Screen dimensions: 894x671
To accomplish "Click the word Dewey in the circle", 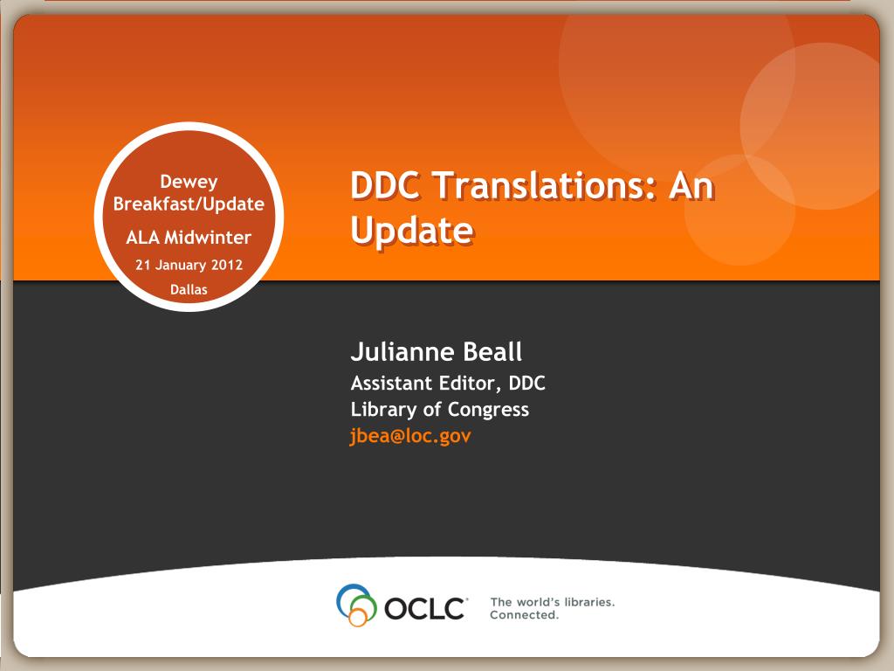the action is [189, 182].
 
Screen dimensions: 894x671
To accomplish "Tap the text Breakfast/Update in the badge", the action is [189, 204].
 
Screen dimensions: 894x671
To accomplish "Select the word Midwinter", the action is [208, 237].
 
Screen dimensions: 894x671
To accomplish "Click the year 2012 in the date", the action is [227, 265].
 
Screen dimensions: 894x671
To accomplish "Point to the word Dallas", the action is [189, 289].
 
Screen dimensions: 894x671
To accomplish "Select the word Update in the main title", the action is [412, 231].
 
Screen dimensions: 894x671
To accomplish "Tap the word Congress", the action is [488, 410].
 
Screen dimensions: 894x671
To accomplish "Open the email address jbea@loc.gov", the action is [410, 436].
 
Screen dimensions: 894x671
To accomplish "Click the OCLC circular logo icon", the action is [356, 605].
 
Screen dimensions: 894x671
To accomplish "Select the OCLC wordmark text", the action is [425, 608].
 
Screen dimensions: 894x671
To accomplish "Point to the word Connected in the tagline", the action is [524, 615].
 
